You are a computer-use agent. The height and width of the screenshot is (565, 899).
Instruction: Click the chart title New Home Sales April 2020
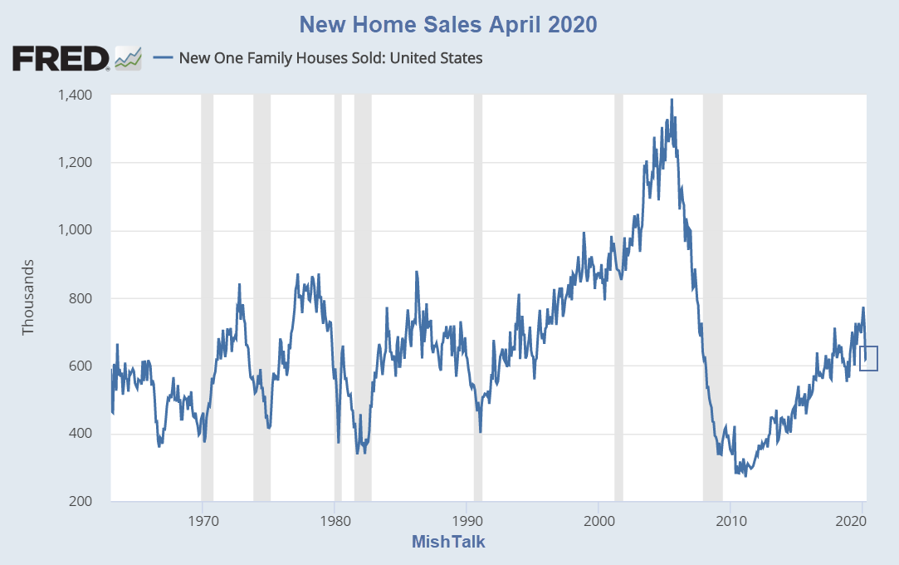pos(448,24)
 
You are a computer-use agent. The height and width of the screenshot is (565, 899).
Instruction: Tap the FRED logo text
pos(61,59)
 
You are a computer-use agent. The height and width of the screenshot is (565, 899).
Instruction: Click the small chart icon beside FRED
pos(128,59)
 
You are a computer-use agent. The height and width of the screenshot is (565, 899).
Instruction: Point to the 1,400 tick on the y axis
pos(75,95)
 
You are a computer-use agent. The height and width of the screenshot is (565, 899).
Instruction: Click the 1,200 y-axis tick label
pos(75,163)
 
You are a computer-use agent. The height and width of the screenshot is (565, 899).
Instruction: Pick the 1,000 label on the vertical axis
pos(75,230)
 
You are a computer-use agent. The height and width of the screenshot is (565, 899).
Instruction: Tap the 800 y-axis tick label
pos(80,298)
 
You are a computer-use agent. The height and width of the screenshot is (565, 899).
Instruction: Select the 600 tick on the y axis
pos(80,366)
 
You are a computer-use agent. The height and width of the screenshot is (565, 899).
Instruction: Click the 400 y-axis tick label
pos(80,434)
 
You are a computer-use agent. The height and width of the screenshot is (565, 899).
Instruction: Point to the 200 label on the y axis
pos(80,501)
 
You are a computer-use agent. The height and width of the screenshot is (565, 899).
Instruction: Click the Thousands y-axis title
pos(29,297)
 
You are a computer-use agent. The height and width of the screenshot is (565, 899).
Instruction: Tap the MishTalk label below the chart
pos(448,543)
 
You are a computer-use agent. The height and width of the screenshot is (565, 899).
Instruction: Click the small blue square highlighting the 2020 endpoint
pos(868,358)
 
